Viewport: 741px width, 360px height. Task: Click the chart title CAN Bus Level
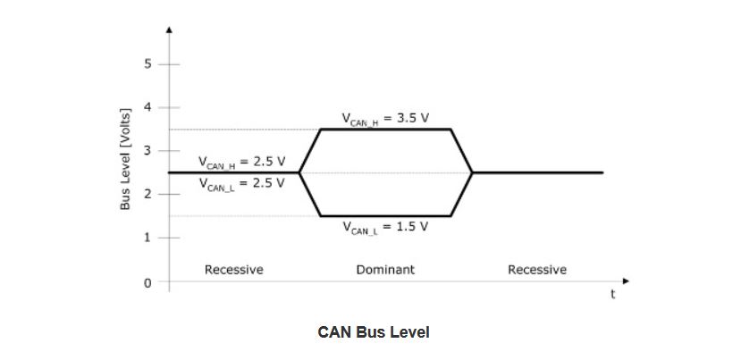(x=373, y=332)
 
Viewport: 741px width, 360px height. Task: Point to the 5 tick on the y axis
(x=148, y=64)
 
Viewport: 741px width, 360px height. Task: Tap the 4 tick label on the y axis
(x=148, y=107)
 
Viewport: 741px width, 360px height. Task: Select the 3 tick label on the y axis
(x=148, y=151)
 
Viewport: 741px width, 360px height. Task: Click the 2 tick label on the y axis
(x=148, y=194)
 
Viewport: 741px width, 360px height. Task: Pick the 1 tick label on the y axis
(x=148, y=238)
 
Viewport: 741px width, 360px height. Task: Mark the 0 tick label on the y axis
(x=148, y=281)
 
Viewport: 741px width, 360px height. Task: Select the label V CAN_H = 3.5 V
(x=384, y=119)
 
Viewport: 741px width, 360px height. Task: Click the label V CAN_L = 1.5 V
(x=384, y=227)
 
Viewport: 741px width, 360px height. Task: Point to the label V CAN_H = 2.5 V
(x=241, y=163)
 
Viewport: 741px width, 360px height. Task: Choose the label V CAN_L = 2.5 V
(x=241, y=183)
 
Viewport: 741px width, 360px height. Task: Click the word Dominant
(x=385, y=269)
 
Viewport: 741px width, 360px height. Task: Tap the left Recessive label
(x=233, y=269)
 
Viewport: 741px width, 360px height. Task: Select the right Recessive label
(x=536, y=269)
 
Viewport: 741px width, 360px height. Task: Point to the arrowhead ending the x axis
(x=626, y=281)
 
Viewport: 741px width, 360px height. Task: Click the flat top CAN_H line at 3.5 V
(x=385, y=130)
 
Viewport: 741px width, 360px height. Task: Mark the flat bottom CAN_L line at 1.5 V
(x=385, y=215)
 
